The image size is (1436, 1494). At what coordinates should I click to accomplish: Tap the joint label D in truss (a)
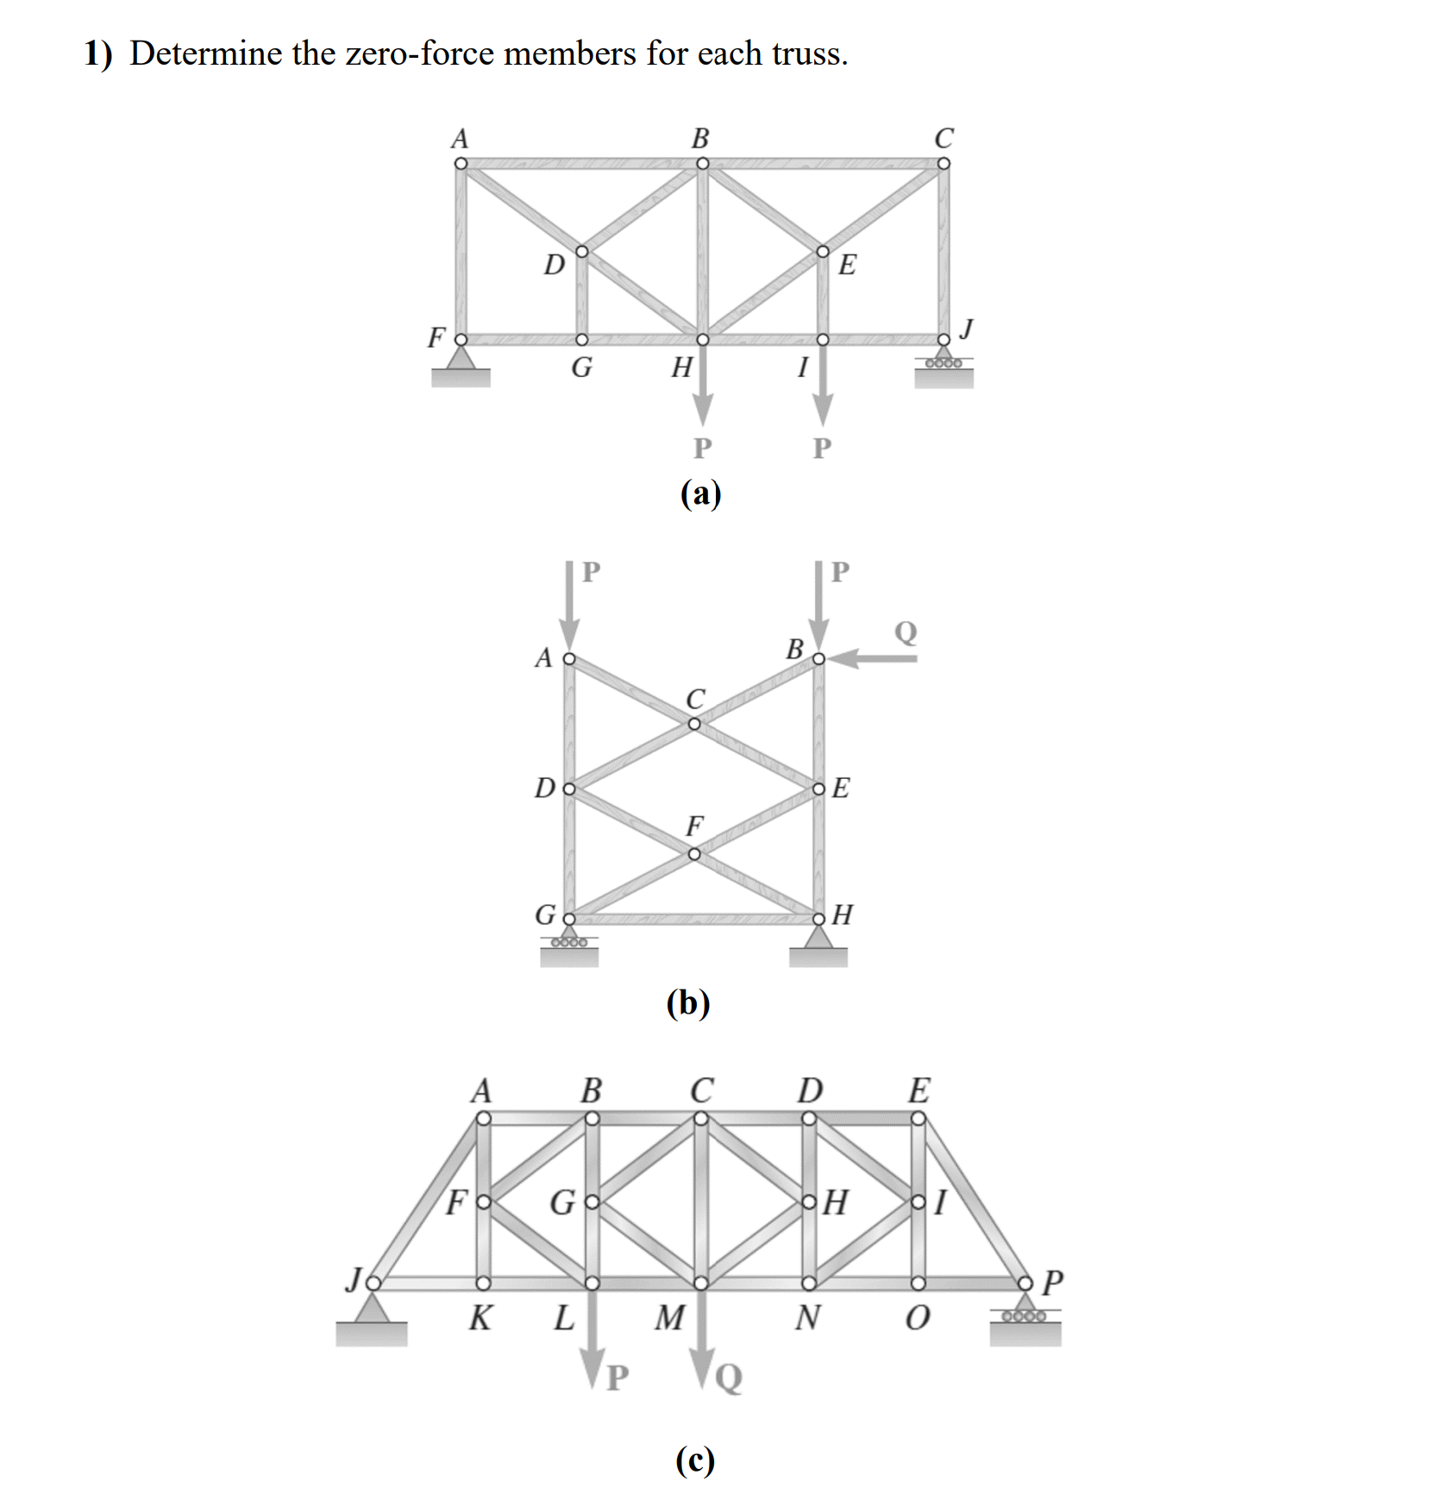554,264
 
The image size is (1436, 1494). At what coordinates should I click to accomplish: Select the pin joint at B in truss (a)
702,164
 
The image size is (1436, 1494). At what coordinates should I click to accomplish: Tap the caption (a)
700,493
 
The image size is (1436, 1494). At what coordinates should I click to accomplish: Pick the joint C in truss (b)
694,724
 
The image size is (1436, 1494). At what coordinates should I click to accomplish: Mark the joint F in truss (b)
694,854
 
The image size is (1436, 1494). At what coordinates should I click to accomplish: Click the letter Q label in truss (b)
906,632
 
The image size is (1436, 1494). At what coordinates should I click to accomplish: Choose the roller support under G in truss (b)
569,945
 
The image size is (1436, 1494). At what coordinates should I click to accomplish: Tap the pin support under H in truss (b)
818,945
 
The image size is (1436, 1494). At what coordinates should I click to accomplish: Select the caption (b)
688,1002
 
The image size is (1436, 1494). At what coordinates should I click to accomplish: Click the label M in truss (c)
670,1317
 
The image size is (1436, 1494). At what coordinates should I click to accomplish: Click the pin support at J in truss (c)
372,1320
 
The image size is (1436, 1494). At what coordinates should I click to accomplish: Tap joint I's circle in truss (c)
919,1202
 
